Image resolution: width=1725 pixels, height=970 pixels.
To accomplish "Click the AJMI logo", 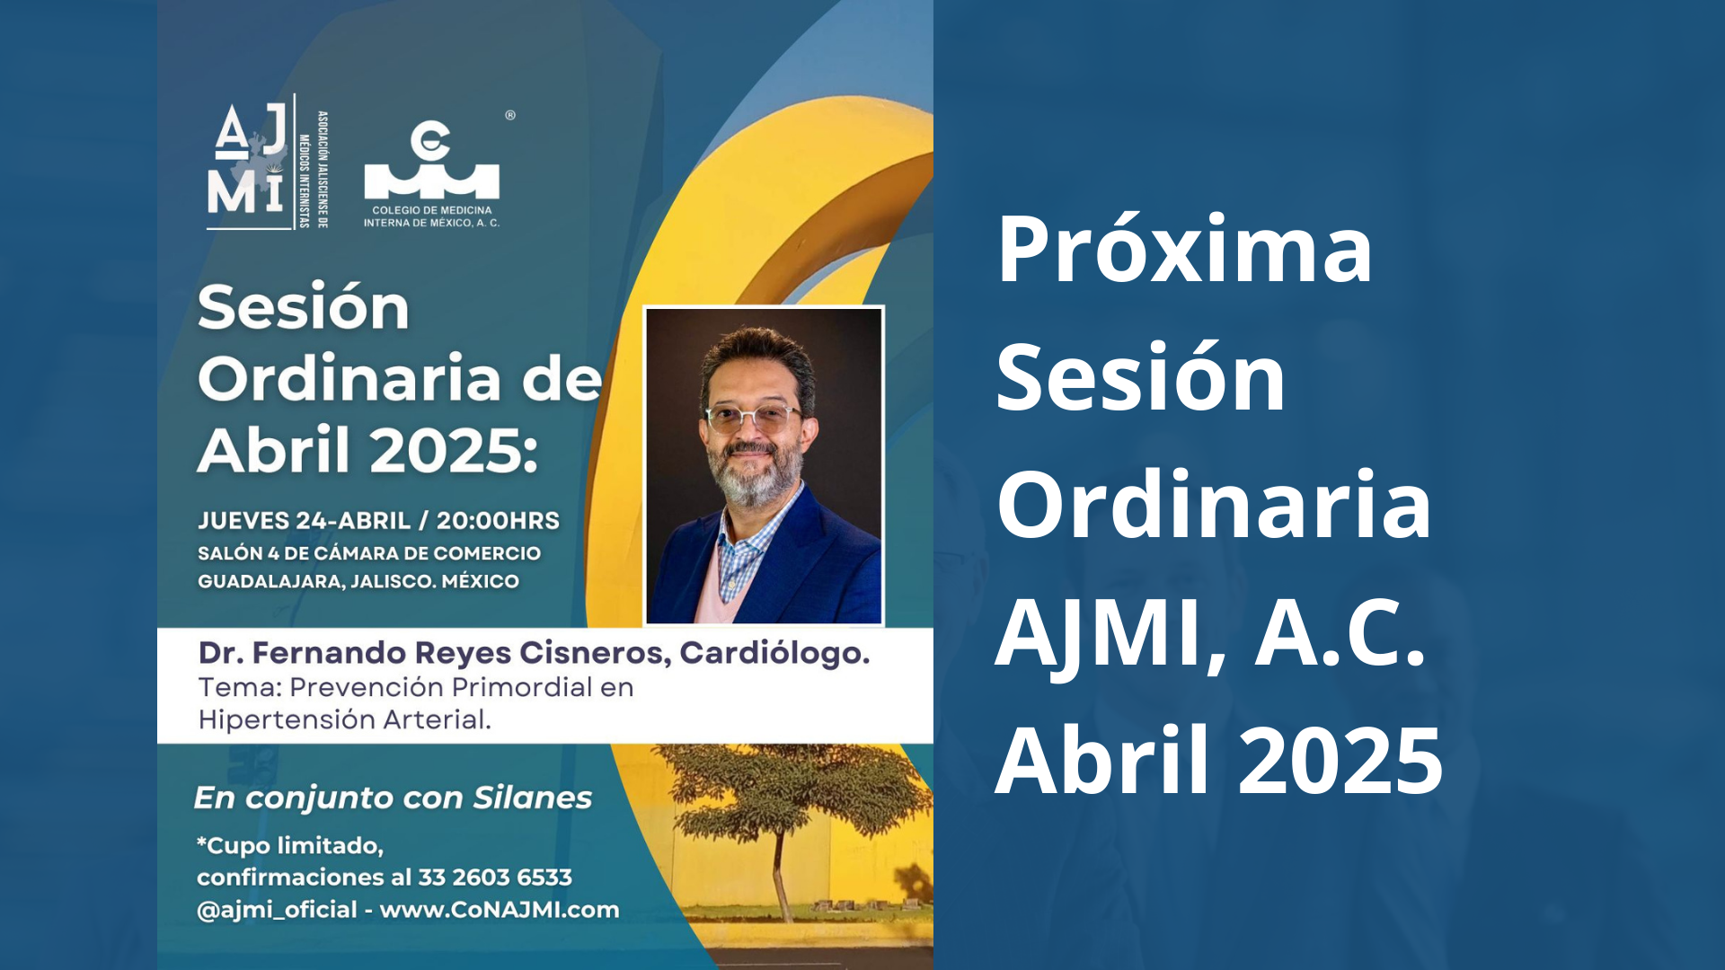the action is (268, 163).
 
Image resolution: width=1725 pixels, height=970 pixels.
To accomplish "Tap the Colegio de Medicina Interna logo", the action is (432, 174).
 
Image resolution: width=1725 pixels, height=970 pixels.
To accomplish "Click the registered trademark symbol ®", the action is (510, 115).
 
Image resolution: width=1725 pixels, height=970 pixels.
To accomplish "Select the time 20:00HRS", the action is (498, 521).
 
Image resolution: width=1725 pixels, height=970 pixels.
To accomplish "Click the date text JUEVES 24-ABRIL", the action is (305, 521).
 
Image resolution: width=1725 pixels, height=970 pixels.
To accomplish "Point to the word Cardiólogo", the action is (774, 653).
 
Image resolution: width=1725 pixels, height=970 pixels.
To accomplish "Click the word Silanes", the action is (533, 798).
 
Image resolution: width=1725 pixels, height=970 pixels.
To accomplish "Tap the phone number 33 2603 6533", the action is (495, 877).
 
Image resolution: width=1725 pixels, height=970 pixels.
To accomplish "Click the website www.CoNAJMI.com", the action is (500, 910).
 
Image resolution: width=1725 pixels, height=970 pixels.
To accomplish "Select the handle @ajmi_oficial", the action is (277, 910).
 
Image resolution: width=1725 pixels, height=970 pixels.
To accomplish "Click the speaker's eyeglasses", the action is (753, 417).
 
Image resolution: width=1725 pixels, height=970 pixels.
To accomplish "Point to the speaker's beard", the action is (755, 472).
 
